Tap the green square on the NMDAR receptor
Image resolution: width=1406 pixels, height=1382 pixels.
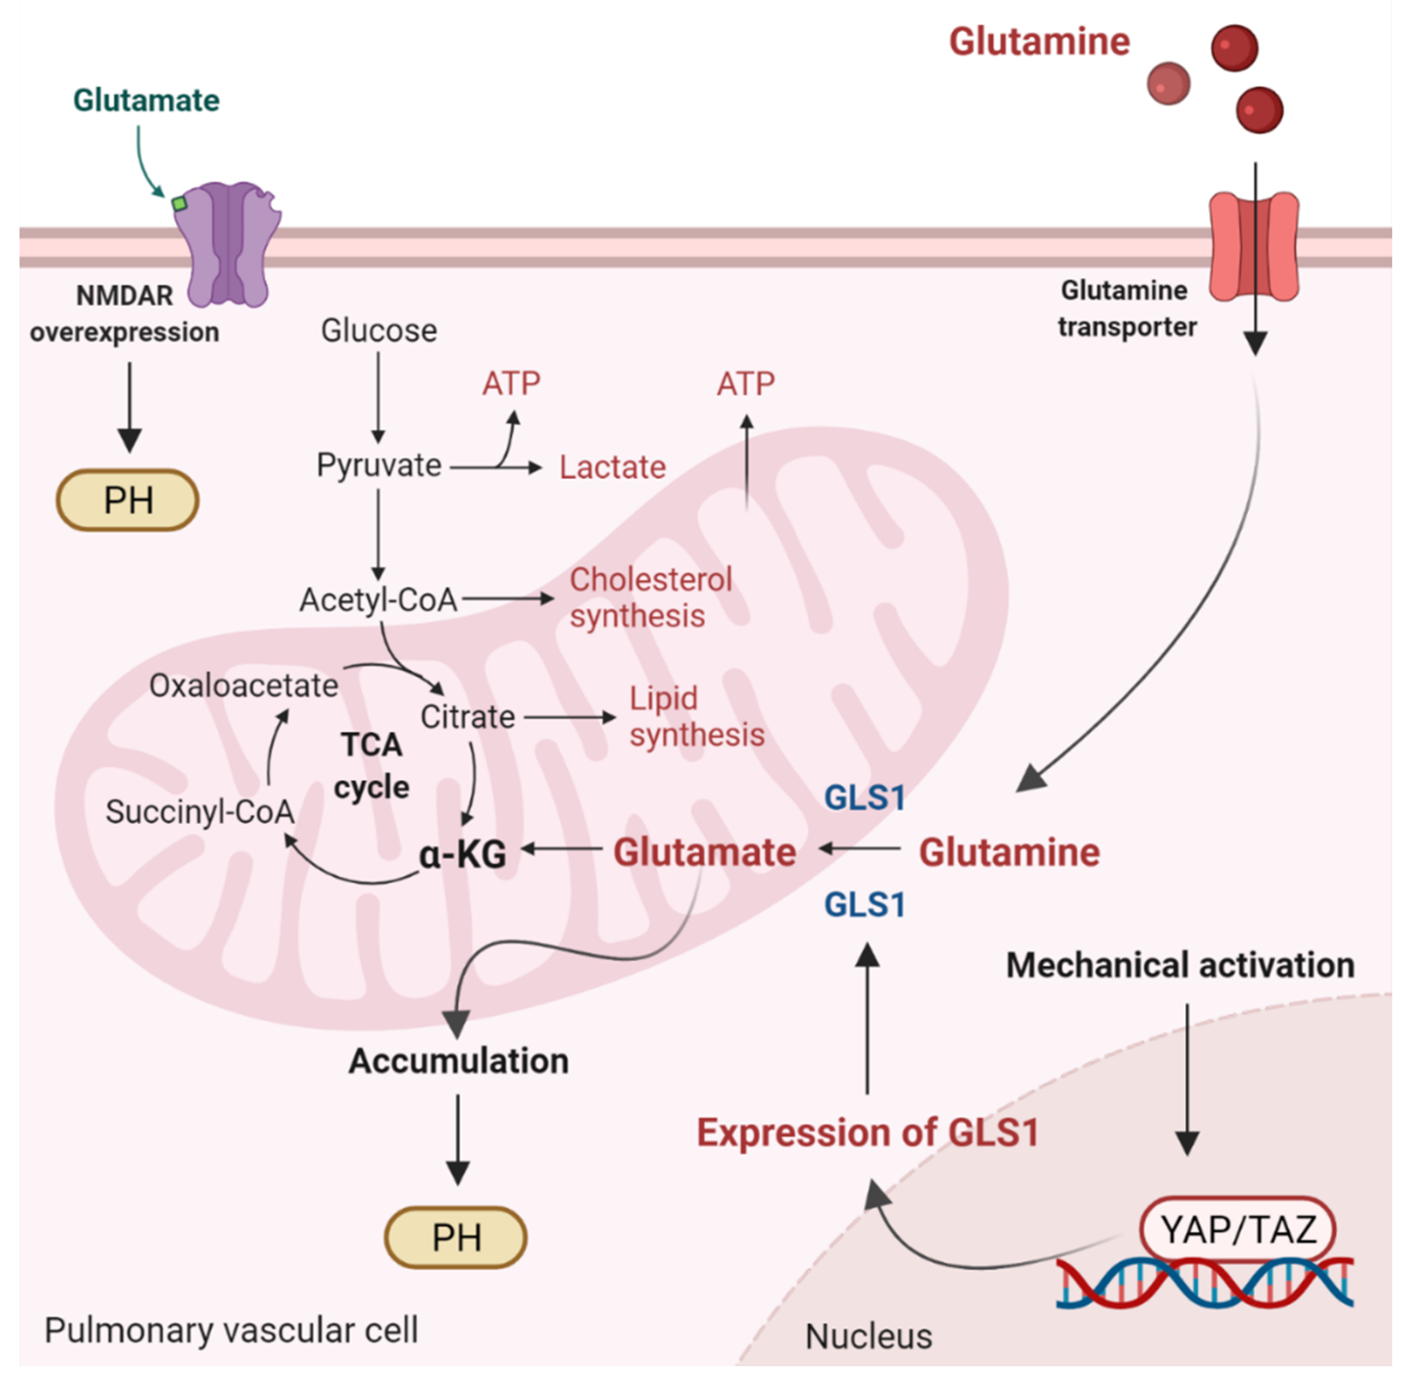pos(178,204)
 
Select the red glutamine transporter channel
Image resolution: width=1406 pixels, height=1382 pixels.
pos(1254,247)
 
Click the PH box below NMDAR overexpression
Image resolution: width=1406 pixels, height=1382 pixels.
pos(128,500)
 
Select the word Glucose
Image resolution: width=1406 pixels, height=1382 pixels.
pos(379,331)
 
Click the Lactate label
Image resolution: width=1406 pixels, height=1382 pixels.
pos(612,467)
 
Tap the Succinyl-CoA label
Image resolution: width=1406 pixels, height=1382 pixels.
pos(200,812)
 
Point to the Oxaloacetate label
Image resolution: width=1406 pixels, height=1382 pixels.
pos(243,685)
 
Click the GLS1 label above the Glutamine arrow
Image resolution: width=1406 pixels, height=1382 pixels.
pos(865,798)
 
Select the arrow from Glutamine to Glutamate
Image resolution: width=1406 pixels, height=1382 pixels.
pos(860,848)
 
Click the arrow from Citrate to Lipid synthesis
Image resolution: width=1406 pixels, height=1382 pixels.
pos(570,717)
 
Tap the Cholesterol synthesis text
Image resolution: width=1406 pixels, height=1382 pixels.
pos(650,597)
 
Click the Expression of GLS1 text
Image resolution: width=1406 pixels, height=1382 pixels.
pos(868,1132)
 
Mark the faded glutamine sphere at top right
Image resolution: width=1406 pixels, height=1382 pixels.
pos(1168,83)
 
